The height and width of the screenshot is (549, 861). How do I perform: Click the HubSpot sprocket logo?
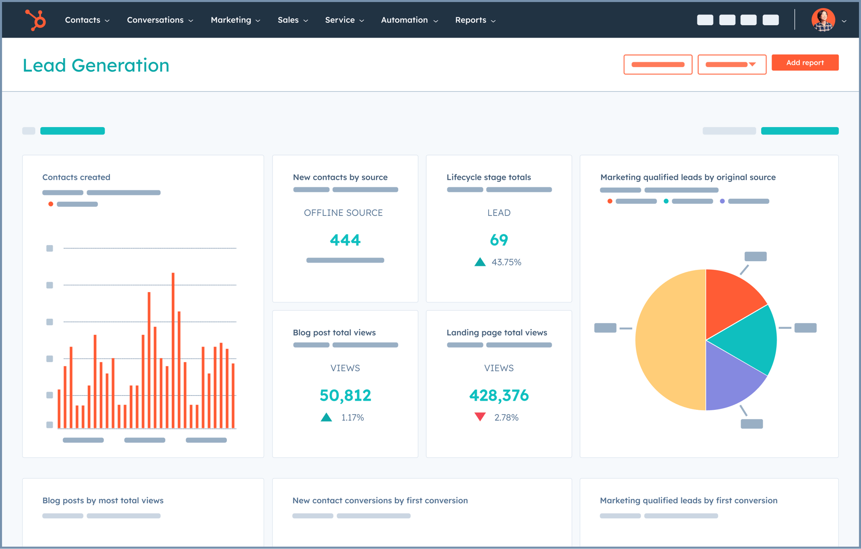point(35,20)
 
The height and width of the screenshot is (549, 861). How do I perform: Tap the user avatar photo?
point(823,20)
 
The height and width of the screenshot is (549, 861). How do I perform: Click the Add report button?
point(805,62)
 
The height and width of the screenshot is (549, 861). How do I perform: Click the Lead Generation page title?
point(96,66)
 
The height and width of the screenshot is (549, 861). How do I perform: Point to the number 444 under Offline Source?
point(345,240)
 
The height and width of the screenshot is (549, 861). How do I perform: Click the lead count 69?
point(499,240)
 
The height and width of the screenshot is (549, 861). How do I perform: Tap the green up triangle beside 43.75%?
point(480,262)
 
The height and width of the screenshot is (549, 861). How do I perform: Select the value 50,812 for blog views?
point(345,395)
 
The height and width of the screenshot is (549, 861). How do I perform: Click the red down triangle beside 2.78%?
point(480,417)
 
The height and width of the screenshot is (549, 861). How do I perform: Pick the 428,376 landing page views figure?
point(499,395)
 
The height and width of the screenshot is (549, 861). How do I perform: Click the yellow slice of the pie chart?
point(669,340)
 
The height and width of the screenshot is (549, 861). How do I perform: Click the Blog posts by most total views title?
point(103,500)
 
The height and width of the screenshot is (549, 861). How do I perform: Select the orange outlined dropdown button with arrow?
point(731,65)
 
